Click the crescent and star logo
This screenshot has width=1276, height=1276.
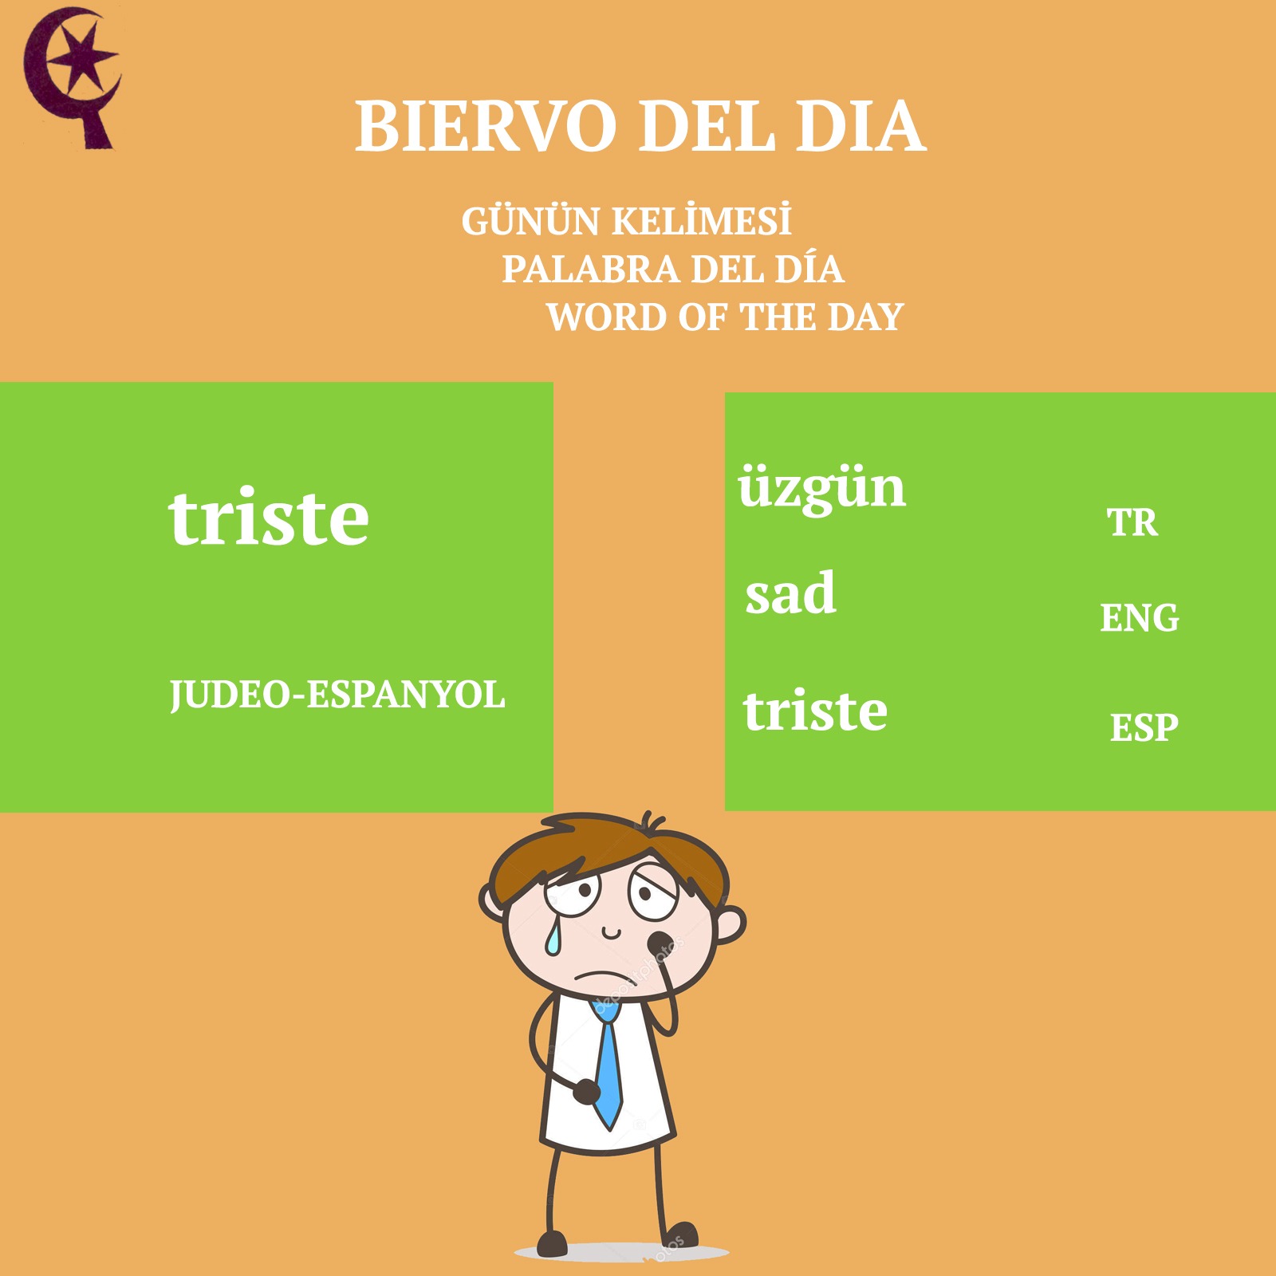[72, 78]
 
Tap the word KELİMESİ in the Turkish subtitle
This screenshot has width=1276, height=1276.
[702, 221]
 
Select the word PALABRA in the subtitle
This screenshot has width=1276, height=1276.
[591, 270]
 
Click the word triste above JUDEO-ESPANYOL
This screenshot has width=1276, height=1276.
[269, 518]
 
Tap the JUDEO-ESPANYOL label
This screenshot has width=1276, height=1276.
[337, 695]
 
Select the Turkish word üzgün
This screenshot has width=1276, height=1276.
[821, 489]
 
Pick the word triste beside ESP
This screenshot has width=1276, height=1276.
[815, 710]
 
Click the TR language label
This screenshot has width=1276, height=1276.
[1132, 523]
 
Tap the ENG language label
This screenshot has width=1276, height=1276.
[1140, 618]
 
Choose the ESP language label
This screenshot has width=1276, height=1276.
[1144, 727]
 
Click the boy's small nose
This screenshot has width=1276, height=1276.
[611, 931]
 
